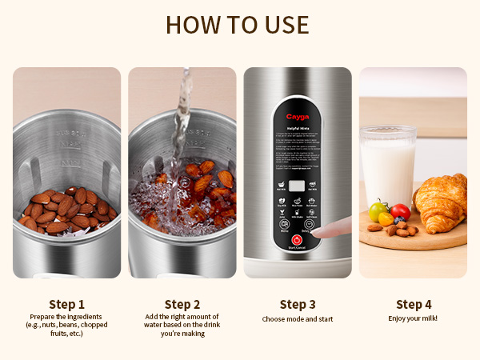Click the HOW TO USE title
click(239, 24)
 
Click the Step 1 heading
click(66, 304)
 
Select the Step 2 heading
click(182, 304)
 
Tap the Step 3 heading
click(297, 304)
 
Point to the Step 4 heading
click(413, 304)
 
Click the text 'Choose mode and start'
click(297, 319)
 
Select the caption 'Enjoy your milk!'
click(413, 319)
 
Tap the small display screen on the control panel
click(297, 186)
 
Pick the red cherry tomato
click(401, 212)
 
